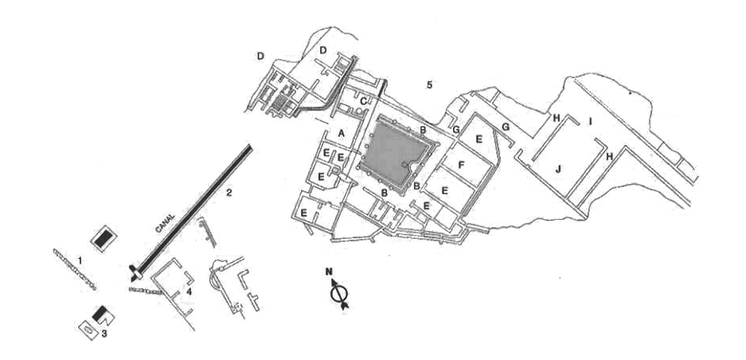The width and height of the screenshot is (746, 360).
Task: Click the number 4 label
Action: pos(189,291)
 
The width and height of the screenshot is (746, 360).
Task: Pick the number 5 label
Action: pos(429,84)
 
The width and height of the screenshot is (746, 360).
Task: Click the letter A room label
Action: pos(341,133)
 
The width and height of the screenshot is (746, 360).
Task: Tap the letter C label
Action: pos(363,102)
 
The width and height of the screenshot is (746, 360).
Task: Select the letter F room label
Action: pos(460,165)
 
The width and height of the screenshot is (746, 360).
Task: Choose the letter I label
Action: pos(590,121)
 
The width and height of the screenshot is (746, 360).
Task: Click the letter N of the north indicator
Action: pos(329,272)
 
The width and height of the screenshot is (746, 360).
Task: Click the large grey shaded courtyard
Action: pos(398,151)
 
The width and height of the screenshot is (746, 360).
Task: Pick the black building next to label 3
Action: pos(102,315)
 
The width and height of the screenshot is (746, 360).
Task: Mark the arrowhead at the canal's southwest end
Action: pos(131,275)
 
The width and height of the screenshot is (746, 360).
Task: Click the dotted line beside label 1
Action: pos(76,268)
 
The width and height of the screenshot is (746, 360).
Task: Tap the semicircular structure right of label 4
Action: pos(217,278)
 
